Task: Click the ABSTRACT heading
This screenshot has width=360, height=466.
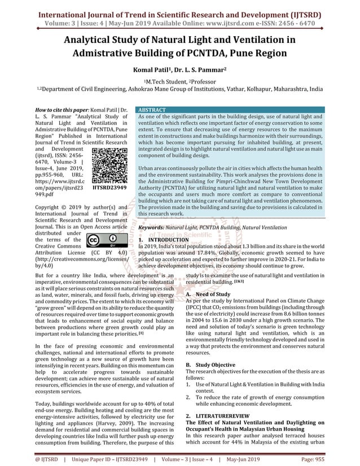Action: click(x=152, y=109)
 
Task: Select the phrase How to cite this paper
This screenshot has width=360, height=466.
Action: click(x=59, y=109)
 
